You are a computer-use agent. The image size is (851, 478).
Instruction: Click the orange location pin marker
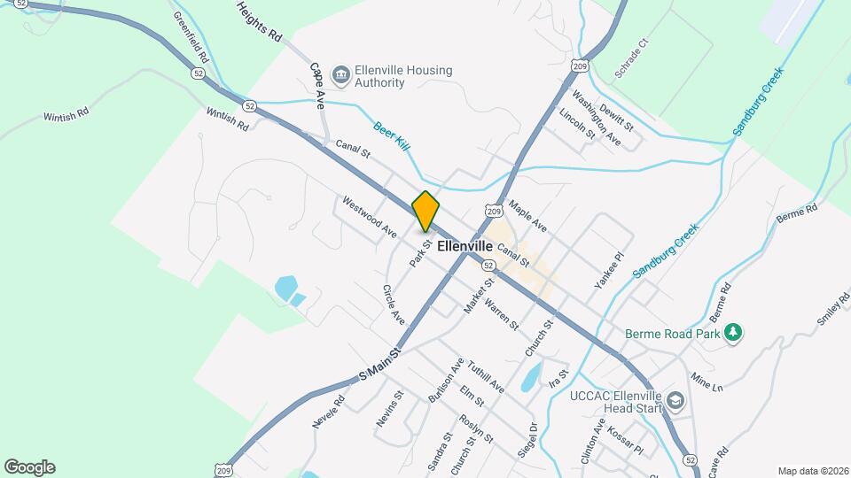click(x=425, y=212)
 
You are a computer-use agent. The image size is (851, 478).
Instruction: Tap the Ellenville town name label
click(x=465, y=248)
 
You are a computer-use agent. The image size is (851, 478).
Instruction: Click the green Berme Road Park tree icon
click(x=732, y=333)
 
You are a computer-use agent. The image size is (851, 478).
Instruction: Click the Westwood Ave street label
click(x=369, y=217)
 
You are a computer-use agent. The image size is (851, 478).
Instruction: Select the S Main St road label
click(x=381, y=364)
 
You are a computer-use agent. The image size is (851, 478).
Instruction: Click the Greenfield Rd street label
click(x=191, y=35)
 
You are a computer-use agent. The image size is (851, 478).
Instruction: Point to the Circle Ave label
click(x=393, y=304)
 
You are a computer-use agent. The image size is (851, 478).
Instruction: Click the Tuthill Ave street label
click(x=486, y=377)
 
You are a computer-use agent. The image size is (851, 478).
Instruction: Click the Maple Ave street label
click(x=528, y=217)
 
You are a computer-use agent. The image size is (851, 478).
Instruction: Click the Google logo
click(x=29, y=466)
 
